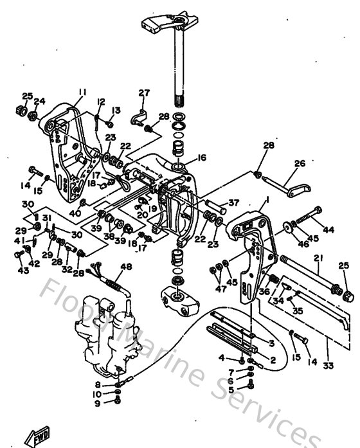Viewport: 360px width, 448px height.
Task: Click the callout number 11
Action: tap(82, 92)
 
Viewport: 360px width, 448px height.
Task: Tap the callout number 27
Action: tap(143, 93)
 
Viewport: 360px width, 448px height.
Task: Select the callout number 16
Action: tap(201, 157)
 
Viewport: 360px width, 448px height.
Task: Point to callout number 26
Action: tap(300, 164)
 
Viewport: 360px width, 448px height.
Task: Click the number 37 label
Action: tap(233, 203)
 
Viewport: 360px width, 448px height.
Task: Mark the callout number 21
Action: tap(317, 258)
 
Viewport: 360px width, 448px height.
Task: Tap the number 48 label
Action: tap(126, 267)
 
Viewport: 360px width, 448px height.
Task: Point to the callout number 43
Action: tap(24, 271)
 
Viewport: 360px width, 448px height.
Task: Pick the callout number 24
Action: tap(40, 101)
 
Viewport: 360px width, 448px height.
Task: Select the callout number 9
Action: tap(98, 403)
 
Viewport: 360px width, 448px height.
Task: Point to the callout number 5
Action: tap(231, 390)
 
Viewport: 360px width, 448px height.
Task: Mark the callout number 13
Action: tap(116, 110)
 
